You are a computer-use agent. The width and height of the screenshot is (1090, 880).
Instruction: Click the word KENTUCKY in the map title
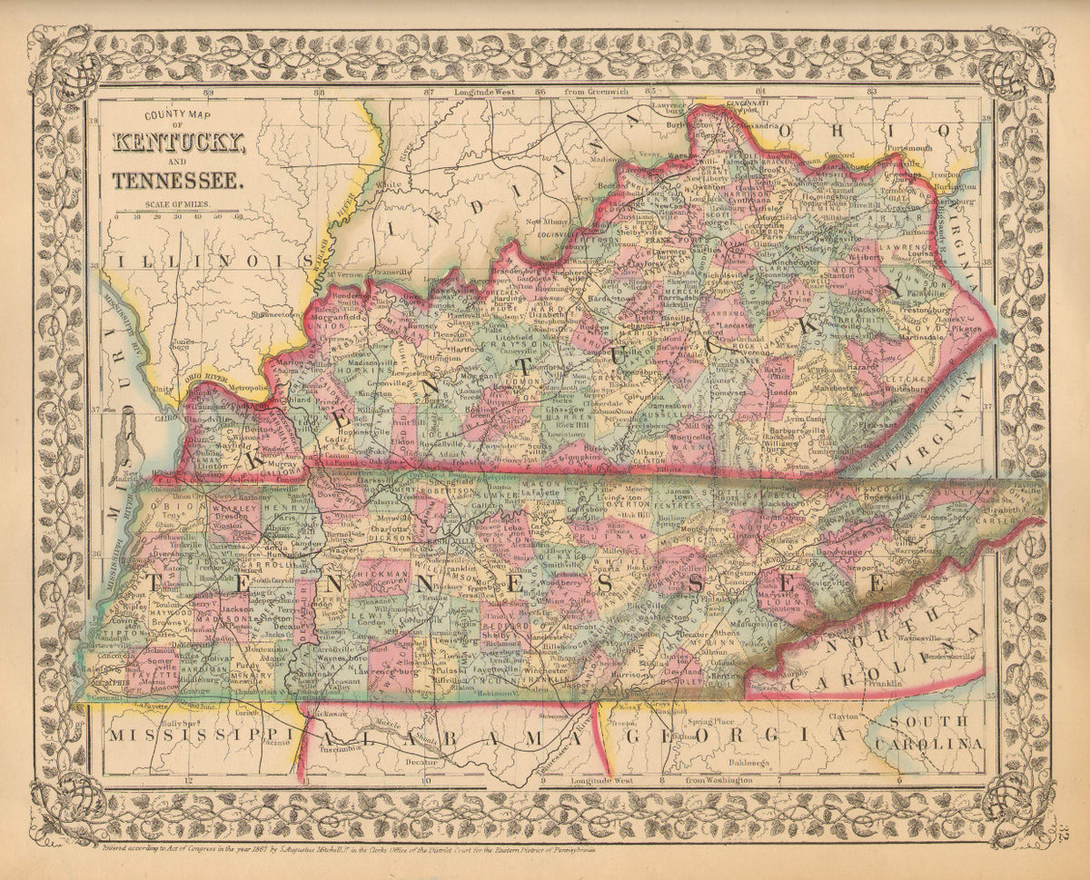pos(178,143)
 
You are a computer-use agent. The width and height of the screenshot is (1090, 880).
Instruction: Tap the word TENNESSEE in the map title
pos(178,179)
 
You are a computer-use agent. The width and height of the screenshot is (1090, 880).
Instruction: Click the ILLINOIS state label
pos(204,261)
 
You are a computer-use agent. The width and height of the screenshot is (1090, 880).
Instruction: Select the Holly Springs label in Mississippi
pos(180,723)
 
